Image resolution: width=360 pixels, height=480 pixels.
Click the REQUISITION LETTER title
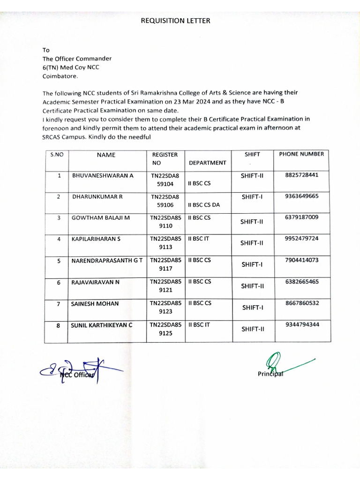(x=176, y=21)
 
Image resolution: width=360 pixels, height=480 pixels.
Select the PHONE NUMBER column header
(x=301, y=154)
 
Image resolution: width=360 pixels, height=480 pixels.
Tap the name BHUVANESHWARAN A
(x=103, y=175)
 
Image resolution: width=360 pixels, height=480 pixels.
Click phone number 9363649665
(x=301, y=196)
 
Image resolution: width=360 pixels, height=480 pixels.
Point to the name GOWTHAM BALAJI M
(x=100, y=217)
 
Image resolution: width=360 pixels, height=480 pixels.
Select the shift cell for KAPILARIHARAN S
(x=253, y=243)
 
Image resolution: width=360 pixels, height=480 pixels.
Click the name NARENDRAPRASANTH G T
(x=106, y=260)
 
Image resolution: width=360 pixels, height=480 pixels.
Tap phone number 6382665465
(x=301, y=282)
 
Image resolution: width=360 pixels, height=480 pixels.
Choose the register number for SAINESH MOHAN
(x=165, y=307)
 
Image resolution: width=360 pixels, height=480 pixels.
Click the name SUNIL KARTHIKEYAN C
(x=101, y=324)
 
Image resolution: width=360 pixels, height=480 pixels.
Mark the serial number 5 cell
(x=59, y=261)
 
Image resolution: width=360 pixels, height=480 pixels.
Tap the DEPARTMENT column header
(x=207, y=163)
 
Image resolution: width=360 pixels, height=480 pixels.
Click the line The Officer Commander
(x=77, y=59)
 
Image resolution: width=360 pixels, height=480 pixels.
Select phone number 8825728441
(x=301, y=175)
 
